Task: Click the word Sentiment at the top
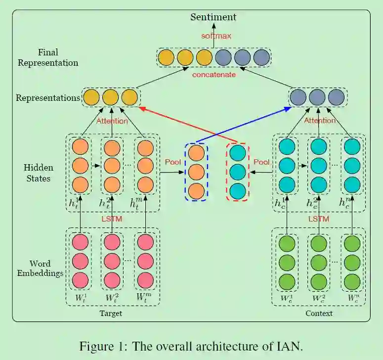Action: click(213, 17)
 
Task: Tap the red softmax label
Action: click(216, 36)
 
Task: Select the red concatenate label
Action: click(214, 75)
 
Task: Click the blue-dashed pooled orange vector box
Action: click(196, 171)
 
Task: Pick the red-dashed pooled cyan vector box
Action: click(238, 171)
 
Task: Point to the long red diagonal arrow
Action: click(188, 124)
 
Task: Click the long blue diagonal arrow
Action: click(242, 124)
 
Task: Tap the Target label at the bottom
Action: click(111, 314)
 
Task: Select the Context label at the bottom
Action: click(319, 314)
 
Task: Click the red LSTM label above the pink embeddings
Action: click(112, 219)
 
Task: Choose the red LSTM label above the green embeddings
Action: click(319, 219)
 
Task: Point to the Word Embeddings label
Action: click(40, 268)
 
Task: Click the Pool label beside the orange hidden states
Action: click(172, 162)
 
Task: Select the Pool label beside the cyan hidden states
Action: click(261, 162)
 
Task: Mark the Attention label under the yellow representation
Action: click(112, 121)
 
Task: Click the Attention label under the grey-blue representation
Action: click(320, 121)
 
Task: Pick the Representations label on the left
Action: click(48, 98)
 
